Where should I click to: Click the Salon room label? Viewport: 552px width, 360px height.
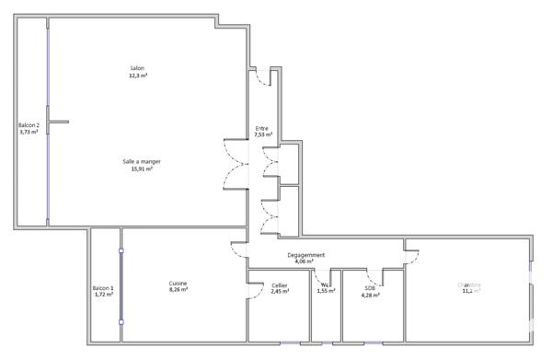click(x=138, y=68)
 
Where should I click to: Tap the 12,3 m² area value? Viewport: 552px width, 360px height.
click(x=138, y=75)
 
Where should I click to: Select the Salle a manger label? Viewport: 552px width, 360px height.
click(x=142, y=161)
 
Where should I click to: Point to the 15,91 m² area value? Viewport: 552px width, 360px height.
click(x=142, y=168)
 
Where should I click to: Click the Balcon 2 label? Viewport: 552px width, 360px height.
click(x=29, y=125)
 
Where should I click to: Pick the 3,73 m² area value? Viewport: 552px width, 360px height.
click(x=29, y=133)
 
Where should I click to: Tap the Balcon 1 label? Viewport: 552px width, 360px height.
click(x=103, y=289)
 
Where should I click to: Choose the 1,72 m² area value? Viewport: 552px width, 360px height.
click(x=103, y=296)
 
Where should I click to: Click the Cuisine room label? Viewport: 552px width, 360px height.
click(x=178, y=283)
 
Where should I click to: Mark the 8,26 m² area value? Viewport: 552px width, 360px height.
click(x=178, y=290)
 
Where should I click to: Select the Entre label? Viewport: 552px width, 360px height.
click(x=263, y=127)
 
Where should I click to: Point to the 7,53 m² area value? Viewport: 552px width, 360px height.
click(x=263, y=134)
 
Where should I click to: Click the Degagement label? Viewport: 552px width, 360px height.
click(x=305, y=255)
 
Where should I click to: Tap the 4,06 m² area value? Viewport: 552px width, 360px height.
click(x=305, y=262)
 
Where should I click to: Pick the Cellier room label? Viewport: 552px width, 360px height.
click(x=280, y=285)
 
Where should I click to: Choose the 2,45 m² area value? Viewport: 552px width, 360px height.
click(x=280, y=292)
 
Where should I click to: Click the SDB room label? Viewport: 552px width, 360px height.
click(x=370, y=288)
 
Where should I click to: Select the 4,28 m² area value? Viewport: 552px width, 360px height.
click(x=370, y=296)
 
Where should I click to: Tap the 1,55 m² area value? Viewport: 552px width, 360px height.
click(x=327, y=292)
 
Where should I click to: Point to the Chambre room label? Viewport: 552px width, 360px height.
click(x=470, y=285)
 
